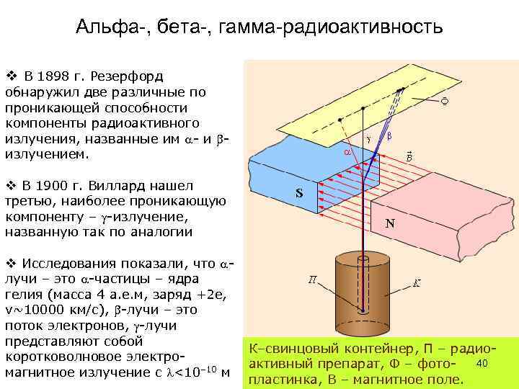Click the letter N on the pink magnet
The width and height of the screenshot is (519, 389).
[389, 223]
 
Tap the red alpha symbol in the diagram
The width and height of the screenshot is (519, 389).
[346, 153]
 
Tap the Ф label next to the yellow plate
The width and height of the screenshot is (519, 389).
[445, 102]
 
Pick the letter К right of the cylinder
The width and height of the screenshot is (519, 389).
[417, 281]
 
